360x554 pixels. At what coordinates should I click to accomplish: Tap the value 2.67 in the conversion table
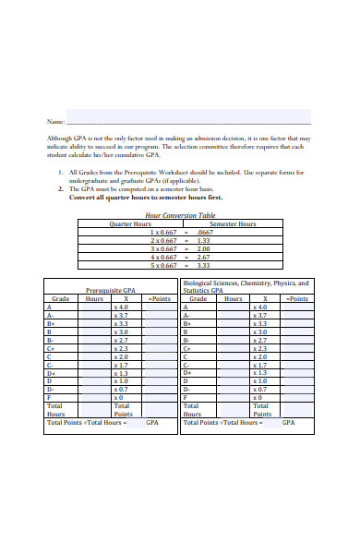[204, 257]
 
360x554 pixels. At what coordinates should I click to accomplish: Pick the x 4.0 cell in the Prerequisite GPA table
[121, 307]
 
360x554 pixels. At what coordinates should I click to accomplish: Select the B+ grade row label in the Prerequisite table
[51, 323]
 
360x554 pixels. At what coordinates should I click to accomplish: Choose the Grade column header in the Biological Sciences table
[198, 298]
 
